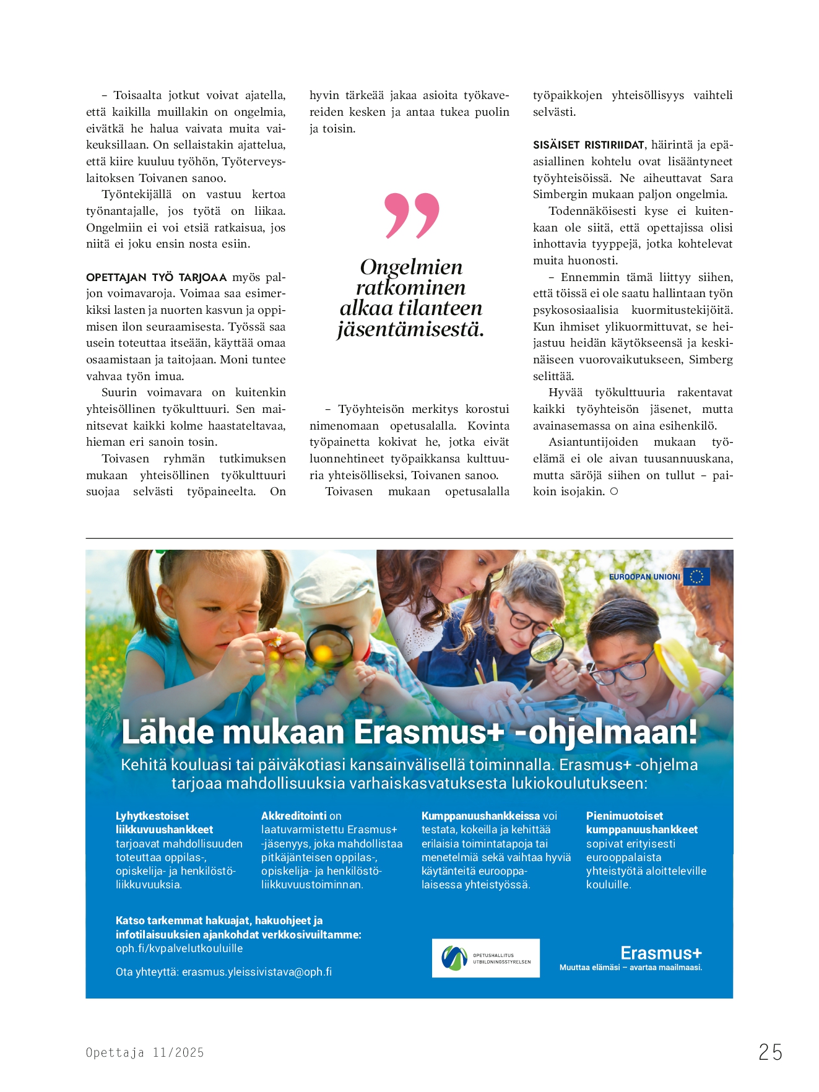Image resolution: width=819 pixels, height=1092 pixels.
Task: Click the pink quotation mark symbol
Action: [x=412, y=215]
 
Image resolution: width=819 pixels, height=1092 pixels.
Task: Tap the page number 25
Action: [x=770, y=1052]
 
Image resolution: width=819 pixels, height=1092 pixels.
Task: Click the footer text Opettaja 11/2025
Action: [x=145, y=1052]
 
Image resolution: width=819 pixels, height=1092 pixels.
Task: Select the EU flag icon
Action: [x=696, y=576]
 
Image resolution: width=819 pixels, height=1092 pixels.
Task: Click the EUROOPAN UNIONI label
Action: [x=644, y=577]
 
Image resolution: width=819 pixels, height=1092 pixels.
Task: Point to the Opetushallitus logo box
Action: [x=485, y=958]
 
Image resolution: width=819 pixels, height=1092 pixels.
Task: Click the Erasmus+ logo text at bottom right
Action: [x=661, y=953]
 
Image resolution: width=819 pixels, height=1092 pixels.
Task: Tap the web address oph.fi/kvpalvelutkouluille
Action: [x=179, y=948]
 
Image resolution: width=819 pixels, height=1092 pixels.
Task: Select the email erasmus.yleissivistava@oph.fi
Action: [x=256, y=972]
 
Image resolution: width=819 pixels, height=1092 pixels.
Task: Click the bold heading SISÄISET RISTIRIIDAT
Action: [x=588, y=145]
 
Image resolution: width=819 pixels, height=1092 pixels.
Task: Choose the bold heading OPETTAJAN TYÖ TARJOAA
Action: [x=156, y=277]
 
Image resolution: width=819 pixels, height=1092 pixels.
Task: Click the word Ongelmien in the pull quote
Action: [x=411, y=267]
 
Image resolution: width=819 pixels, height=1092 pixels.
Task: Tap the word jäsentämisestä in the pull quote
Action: [x=410, y=329]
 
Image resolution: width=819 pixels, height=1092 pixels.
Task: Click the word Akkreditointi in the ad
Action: [x=294, y=816]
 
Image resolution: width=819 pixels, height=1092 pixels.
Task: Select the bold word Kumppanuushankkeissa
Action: [x=480, y=816]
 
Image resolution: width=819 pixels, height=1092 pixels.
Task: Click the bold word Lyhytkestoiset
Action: [x=152, y=816]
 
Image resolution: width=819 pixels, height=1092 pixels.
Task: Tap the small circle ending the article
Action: [x=613, y=492]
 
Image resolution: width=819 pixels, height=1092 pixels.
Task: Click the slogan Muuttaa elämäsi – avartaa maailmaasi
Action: [x=631, y=968]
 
